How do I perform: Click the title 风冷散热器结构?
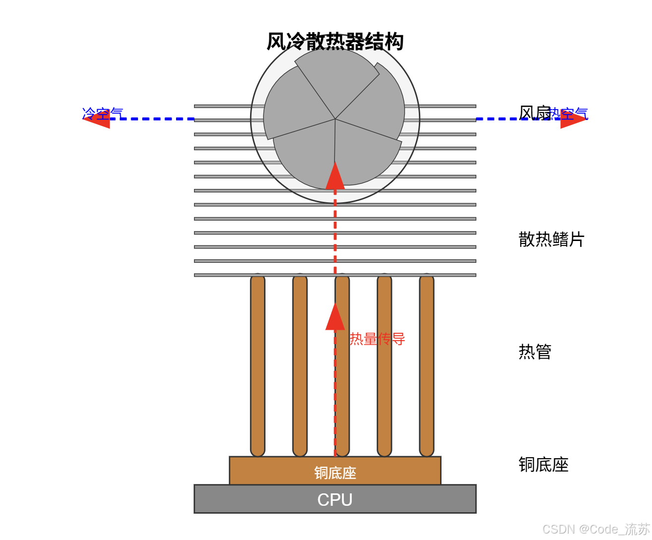[335, 42]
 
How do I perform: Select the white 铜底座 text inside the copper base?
[335, 473]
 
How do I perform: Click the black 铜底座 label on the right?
[543, 465]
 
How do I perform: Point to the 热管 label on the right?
[535, 352]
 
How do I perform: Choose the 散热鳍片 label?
[551, 239]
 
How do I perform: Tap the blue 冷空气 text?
[103, 114]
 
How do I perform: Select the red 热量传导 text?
[377, 339]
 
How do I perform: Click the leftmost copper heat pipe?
[258, 364]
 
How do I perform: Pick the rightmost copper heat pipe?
[427, 364]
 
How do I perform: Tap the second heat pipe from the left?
[300, 364]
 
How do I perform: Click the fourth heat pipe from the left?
[385, 364]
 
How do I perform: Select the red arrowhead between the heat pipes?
[335, 318]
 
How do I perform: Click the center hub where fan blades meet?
[335, 119]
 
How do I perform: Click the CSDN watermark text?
[595, 529]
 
